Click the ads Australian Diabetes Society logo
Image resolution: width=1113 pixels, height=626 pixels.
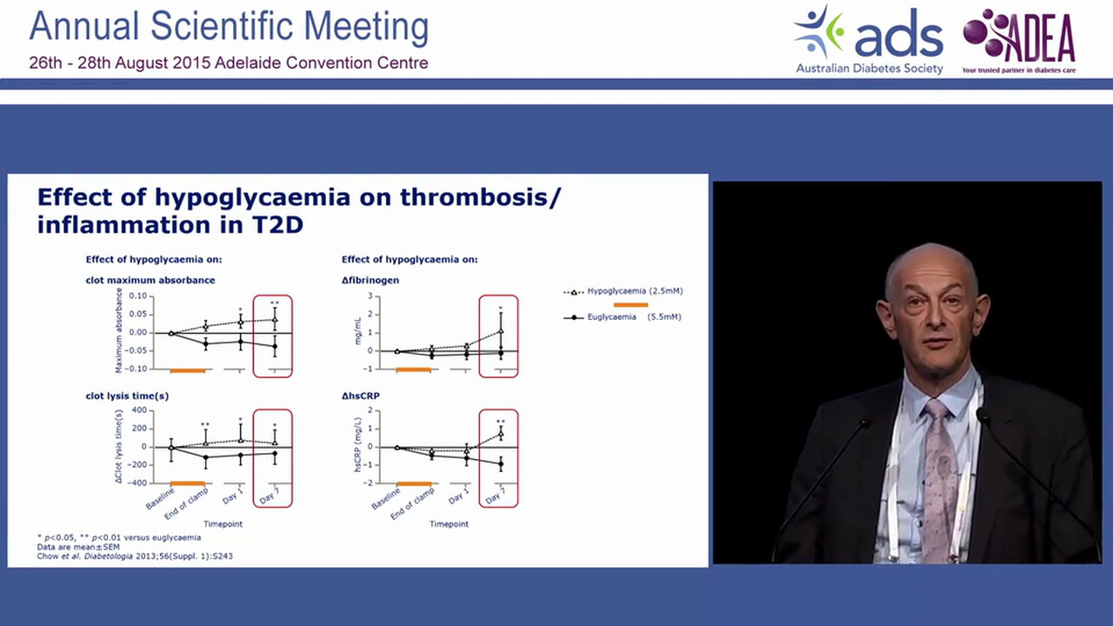(868, 40)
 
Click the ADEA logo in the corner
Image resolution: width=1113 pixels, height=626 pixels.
(1019, 40)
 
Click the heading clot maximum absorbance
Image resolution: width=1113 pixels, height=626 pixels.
(150, 280)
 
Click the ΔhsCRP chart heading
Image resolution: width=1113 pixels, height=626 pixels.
(361, 395)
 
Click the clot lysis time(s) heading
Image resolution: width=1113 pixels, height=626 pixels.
(127, 395)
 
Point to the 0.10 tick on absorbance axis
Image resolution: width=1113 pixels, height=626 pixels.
(137, 296)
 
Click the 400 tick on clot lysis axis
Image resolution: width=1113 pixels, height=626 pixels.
(137, 410)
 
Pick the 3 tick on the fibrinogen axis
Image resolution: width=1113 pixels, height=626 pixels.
(370, 296)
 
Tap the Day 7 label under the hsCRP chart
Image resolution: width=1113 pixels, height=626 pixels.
(495, 496)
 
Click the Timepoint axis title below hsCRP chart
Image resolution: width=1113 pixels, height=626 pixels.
(449, 524)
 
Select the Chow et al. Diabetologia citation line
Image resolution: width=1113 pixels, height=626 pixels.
(135, 556)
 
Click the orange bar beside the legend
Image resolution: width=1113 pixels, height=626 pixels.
(630, 304)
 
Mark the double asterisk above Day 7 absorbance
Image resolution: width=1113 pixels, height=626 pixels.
(274, 303)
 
